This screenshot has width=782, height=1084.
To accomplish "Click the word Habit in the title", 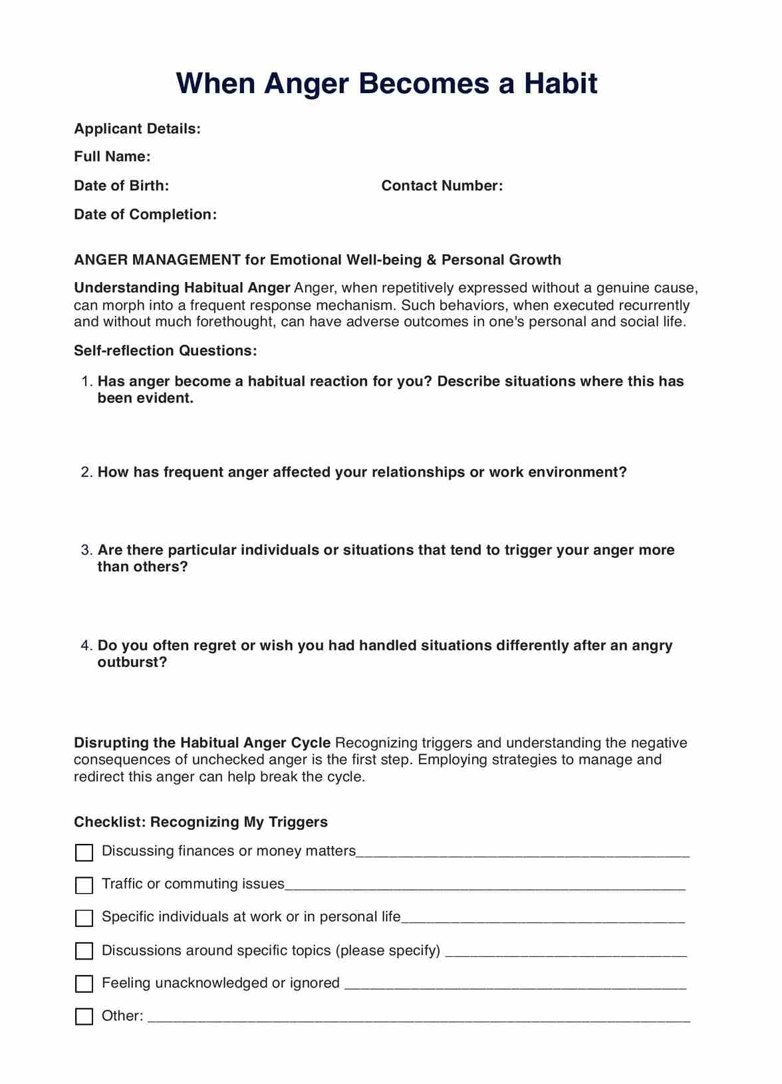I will click(x=561, y=84).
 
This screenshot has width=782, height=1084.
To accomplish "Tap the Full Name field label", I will click(x=112, y=157).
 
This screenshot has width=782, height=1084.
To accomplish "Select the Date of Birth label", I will click(x=122, y=186).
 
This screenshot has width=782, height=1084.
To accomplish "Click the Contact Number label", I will click(x=442, y=186).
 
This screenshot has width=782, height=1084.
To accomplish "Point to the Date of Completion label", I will click(x=145, y=214).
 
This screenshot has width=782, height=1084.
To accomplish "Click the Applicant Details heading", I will click(x=137, y=128).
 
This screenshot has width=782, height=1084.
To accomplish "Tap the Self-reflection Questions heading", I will click(x=165, y=350).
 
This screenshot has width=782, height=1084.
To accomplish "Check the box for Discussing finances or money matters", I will click(x=84, y=853).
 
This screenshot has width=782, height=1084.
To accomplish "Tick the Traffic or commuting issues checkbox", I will click(x=84, y=885).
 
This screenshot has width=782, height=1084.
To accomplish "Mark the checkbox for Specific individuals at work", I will click(x=84, y=918).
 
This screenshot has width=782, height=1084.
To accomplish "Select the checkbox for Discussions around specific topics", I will click(x=84, y=951).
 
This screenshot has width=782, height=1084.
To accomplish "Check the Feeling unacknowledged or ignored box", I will click(x=84, y=984).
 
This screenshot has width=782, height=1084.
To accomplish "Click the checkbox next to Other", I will click(x=84, y=1017).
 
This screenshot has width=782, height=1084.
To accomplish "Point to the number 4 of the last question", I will click(x=86, y=646).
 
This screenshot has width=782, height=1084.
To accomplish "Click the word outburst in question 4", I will click(x=132, y=662).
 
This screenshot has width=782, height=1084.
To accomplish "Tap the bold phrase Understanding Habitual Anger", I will click(x=182, y=288).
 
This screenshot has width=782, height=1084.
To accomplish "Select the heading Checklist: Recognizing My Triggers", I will click(x=201, y=822).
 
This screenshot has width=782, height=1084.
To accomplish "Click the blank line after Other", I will click(x=419, y=1017).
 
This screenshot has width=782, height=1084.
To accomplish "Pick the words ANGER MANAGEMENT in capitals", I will click(x=157, y=260).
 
